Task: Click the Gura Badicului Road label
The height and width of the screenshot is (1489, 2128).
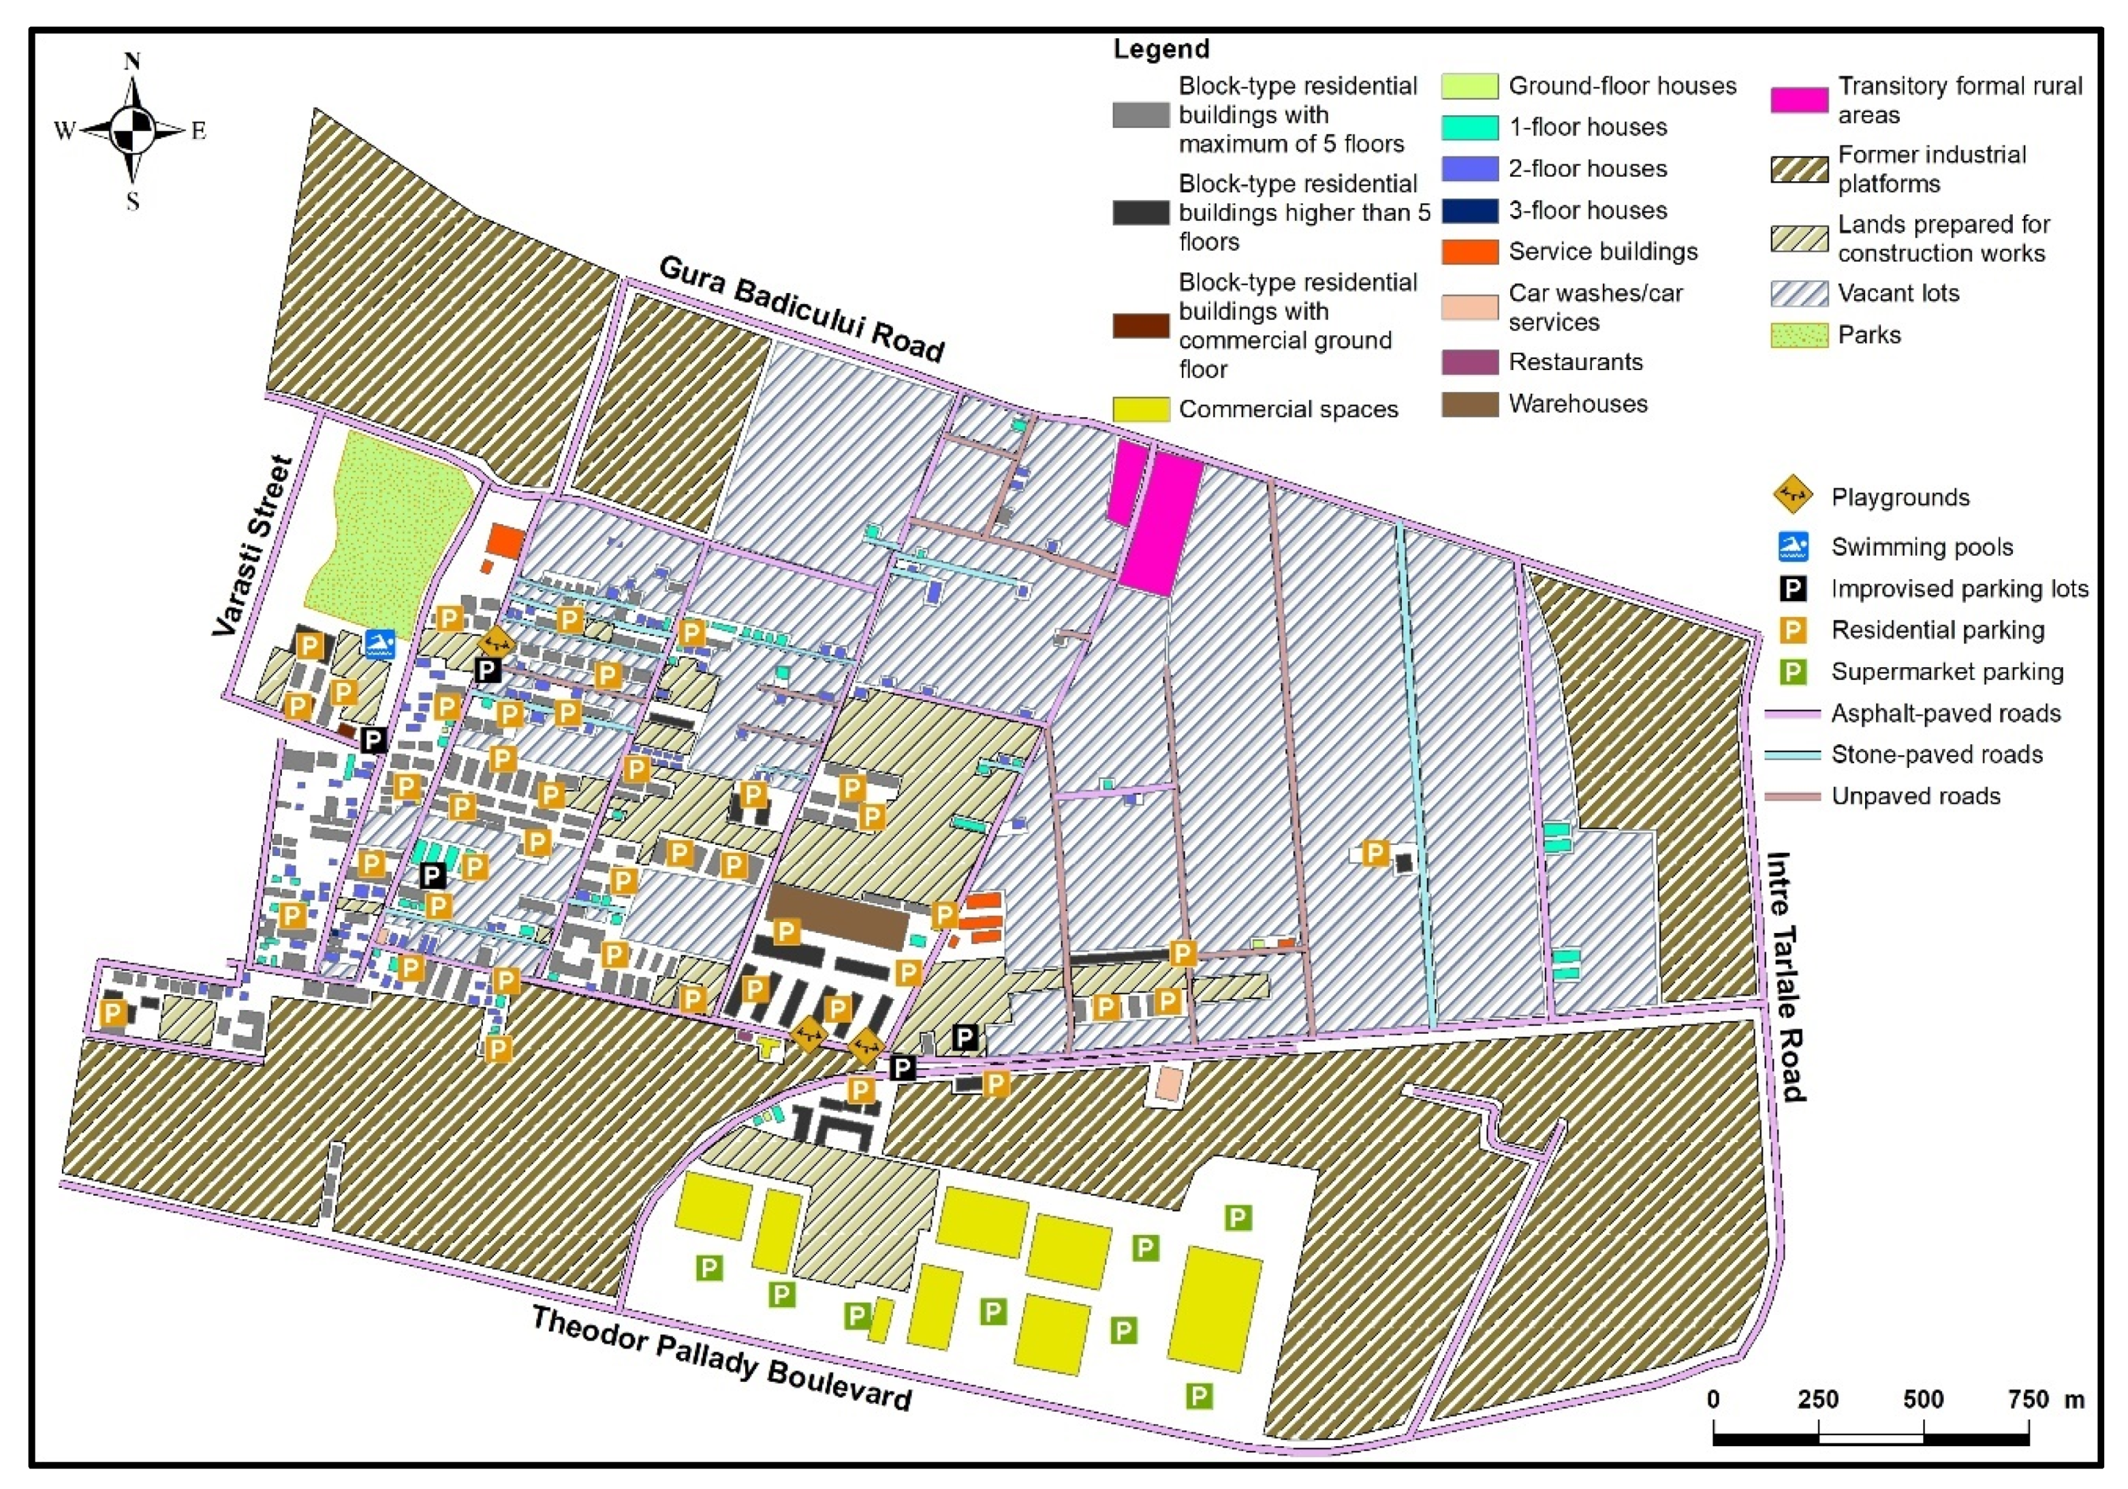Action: pos(802,309)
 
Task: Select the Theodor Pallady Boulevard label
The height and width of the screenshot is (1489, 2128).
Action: pos(721,1358)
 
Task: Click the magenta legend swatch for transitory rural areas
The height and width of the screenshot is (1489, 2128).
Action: pos(1799,100)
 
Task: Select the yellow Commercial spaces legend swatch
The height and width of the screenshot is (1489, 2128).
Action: pos(1140,409)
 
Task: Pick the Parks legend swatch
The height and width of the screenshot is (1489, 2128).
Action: pos(1799,335)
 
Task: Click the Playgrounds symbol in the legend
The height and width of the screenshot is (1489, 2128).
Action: pos(1792,496)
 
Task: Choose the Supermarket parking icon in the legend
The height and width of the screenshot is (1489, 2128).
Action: pos(1794,671)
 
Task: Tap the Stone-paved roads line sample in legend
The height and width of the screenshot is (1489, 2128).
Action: pos(1792,754)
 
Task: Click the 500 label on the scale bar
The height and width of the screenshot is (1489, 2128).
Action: pos(1922,1399)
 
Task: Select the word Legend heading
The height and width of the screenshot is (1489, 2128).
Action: pos(1161,49)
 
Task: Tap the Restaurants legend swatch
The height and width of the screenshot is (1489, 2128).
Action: pos(1469,363)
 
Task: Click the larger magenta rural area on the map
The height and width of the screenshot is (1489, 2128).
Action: pos(1161,525)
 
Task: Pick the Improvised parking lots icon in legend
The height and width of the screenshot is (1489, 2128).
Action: pos(1794,589)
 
